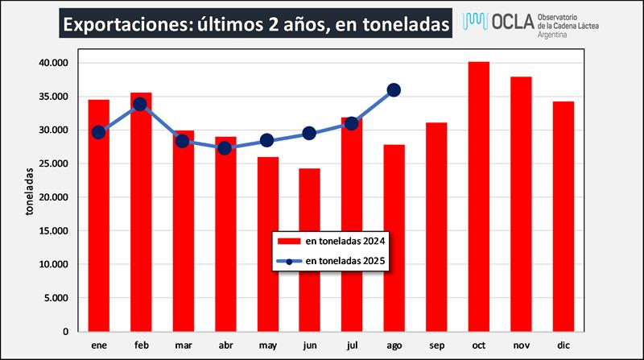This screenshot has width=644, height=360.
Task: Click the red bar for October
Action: tap(479, 197)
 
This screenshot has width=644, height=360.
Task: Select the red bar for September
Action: tap(436, 227)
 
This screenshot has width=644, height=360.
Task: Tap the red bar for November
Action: tap(521, 204)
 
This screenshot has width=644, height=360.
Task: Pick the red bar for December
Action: tap(563, 216)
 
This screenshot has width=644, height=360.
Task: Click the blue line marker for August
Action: tap(394, 90)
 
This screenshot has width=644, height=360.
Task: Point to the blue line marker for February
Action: tap(140, 104)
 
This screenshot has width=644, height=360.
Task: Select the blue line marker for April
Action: tap(225, 147)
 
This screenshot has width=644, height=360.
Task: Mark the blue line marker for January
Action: tap(98, 132)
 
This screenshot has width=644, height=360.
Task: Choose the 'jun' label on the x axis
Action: tap(309, 344)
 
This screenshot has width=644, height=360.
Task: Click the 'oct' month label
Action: tap(479, 344)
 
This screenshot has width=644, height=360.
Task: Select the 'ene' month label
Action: tap(98, 344)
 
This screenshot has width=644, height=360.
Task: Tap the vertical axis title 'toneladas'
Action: tap(29, 192)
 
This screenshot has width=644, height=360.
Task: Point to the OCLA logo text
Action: tap(510, 23)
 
